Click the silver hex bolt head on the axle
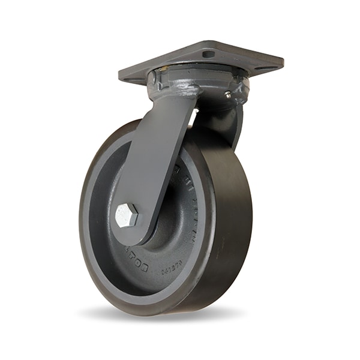click(x=127, y=215)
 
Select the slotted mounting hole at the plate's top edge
click(x=208, y=54)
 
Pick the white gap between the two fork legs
click(x=192, y=118)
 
